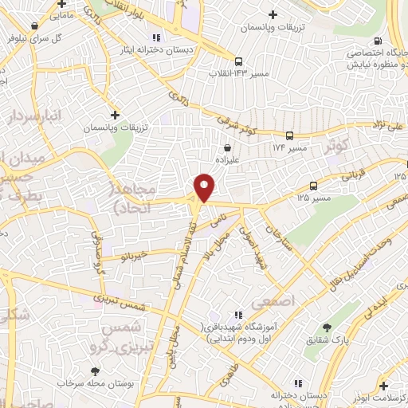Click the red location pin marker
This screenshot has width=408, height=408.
click(x=205, y=188)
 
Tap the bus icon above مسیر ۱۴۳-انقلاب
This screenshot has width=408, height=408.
click(x=237, y=61)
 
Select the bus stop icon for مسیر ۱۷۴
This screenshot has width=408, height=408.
click(x=289, y=136)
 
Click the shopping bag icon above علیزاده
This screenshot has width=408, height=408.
click(x=229, y=147)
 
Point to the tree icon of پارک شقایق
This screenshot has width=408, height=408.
click(x=327, y=328)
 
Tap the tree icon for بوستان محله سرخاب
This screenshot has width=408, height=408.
click(x=96, y=371)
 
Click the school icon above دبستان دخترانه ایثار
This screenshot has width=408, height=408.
click(x=156, y=37)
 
